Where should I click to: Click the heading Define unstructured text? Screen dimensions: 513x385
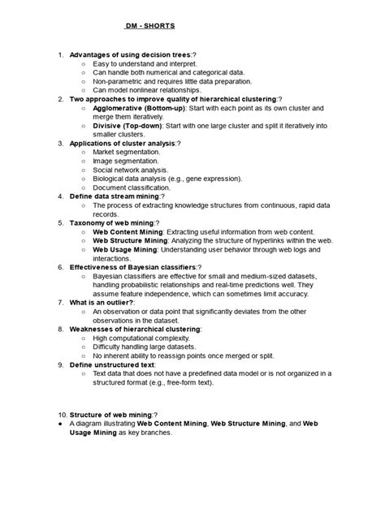point(112,363)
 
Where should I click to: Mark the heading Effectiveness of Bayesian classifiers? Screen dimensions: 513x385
point(134,265)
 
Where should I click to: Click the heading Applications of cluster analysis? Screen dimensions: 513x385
point(125,143)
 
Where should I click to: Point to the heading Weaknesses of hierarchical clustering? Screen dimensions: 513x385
point(135,328)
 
